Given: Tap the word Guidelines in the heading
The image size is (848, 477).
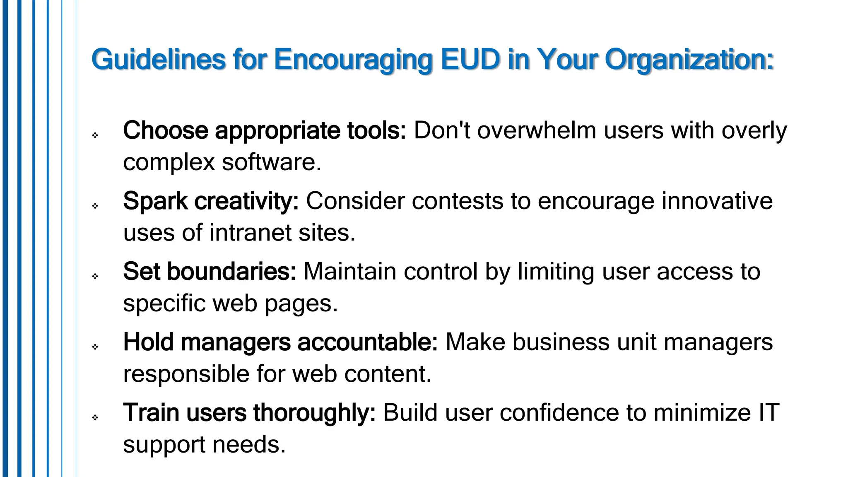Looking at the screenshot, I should pyautogui.click(x=159, y=59).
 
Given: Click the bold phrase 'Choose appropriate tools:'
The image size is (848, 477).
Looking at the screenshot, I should pyautogui.click(x=265, y=131).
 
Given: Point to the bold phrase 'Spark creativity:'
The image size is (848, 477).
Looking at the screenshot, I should pyautogui.click(x=211, y=201).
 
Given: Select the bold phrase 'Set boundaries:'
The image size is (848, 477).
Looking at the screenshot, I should pyautogui.click(x=210, y=272).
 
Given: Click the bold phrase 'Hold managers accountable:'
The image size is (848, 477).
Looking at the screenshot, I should pyautogui.click(x=280, y=342).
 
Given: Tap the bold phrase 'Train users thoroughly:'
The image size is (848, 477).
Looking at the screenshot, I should pyautogui.click(x=249, y=413).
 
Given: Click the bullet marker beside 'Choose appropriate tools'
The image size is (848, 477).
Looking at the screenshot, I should pyautogui.click(x=95, y=135).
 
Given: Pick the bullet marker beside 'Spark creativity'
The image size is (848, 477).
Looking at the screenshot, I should pyautogui.click(x=95, y=206).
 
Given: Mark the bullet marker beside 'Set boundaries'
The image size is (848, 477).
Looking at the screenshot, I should pyautogui.click(x=95, y=276).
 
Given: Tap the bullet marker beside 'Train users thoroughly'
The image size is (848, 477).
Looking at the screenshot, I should pyautogui.click(x=95, y=417).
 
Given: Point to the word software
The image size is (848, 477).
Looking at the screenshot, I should pyautogui.click(x=272, y=162).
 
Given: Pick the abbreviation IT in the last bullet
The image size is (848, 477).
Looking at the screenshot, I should pyautogui.click(x=768, y=413).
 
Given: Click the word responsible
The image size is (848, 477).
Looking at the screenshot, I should pyautogui.click(x=186, y=374).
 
